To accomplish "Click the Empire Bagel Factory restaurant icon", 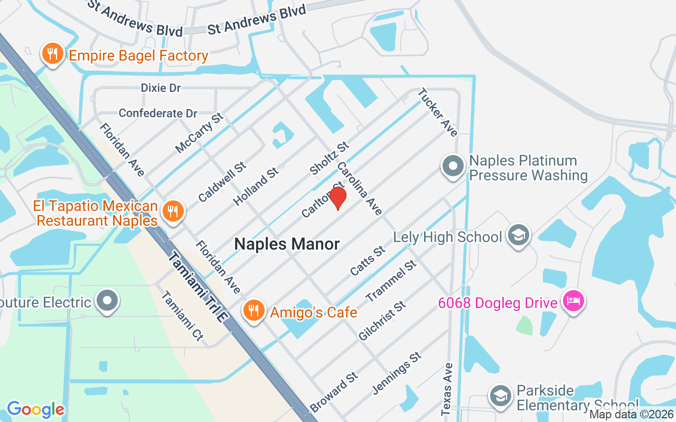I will point(52,54).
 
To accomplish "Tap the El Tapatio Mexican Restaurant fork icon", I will point(172,212).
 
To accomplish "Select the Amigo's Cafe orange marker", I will point(254,310).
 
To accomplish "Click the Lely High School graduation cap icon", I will point(518,236).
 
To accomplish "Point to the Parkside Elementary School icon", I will point(500,396).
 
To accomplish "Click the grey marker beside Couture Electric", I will point(108,301).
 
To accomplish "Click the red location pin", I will point(337,198).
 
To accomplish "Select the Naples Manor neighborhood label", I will point(287,244).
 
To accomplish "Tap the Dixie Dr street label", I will point(161,88).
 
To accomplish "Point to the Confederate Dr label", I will point(158,113).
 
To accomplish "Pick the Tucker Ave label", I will point(438,112).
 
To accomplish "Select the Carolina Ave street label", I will point(359,188).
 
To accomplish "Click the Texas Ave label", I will point(447,388).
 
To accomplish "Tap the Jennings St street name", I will point(397,373).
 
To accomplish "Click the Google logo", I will point(35,409).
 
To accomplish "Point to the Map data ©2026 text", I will point(632,414).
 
